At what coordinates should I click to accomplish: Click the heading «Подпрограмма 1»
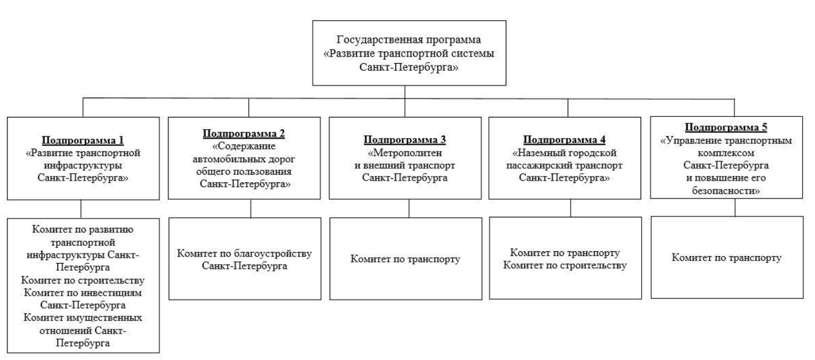click(83, 141)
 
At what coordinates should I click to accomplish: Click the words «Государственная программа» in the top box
click(405, 39)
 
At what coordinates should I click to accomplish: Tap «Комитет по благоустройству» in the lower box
click(244, 253)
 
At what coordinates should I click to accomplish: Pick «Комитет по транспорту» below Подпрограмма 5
click(727, 258)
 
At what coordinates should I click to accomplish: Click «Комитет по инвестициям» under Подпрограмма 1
click(83, 293)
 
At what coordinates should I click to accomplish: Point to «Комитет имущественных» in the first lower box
click(83, 318)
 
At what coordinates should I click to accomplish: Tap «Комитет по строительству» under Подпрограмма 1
click(83, 281)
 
